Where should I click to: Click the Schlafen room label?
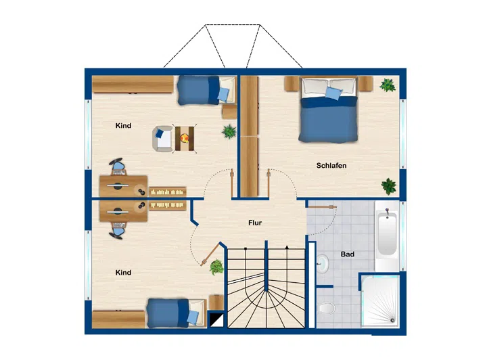(331, 166)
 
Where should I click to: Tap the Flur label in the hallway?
(255, 223)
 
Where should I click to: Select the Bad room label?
(347, 254)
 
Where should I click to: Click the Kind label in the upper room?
(123, 125)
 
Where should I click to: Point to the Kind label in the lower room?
(123, 273)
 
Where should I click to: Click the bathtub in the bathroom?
(387, 232)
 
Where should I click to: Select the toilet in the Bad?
(327, 308)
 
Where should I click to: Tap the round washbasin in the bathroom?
(323, 263)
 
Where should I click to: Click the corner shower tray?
(380, 300)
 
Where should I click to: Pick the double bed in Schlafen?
(328, 110)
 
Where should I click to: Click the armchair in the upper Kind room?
(162, 139)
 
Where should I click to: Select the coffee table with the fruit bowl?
(185, 139)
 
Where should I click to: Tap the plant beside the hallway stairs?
(217, 267)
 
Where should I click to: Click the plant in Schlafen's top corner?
(388, 85)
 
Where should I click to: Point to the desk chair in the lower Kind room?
(118, 230)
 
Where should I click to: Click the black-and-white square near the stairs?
(217, 319)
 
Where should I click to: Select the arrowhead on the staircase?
(287, 248)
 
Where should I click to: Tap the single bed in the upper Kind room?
(206, 90)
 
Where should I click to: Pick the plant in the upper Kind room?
(229, 131)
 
